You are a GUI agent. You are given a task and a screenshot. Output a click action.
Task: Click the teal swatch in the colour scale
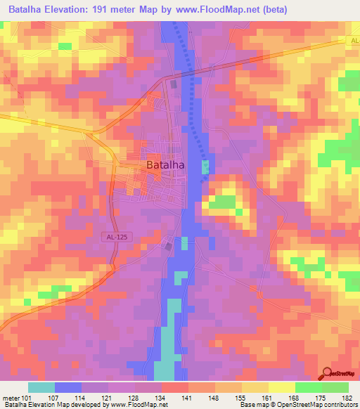41,387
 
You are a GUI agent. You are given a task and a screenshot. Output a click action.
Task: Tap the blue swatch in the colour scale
67,387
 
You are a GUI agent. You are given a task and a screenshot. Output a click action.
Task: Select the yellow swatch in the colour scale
281,387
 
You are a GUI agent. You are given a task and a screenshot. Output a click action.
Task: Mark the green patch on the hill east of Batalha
224,202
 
